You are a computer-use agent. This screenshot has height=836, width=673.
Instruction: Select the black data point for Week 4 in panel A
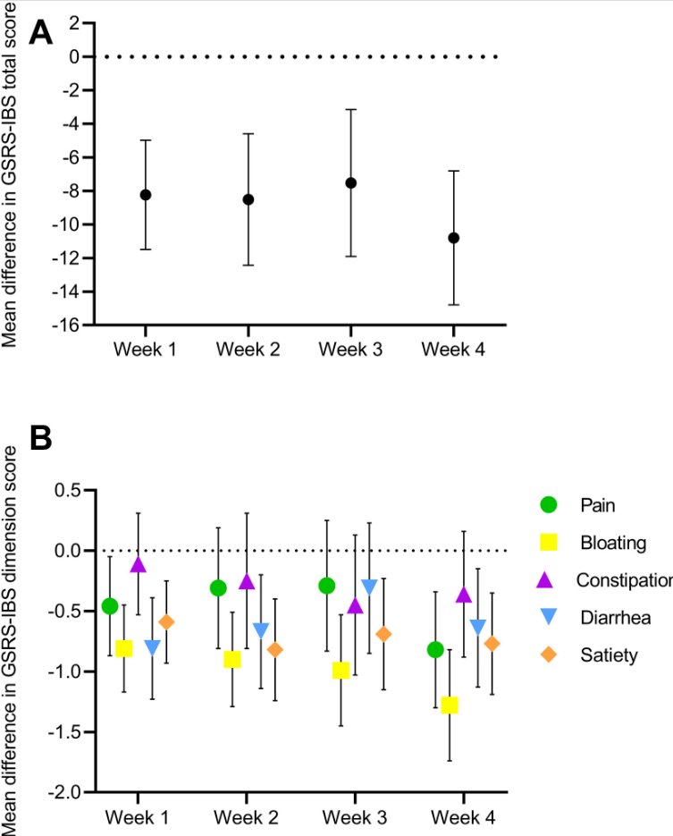[x=454, y=238]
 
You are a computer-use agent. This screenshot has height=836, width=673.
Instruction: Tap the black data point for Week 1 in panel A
[x=146, y=195]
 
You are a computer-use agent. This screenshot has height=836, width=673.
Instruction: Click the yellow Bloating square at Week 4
[x=449, y=705]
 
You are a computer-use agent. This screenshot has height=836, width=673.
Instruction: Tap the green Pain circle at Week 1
[x=110, y=606]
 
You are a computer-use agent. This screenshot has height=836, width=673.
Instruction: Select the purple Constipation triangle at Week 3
[x=355, y=605]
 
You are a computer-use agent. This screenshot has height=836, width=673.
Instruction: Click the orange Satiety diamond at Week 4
[x=491, y=644]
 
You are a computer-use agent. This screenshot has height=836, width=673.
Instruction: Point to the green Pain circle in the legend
[x=549, y=504]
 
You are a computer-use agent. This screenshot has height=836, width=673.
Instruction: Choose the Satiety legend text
[x=609, y=655]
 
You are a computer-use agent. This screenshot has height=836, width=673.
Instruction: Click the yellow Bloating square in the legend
[x=549, y=542]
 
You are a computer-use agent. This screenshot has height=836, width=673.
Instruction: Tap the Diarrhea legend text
[x=614, y=617]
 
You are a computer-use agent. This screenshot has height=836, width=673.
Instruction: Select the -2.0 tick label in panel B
[x=66, y=792]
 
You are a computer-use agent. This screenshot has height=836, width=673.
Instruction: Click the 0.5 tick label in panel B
[x=70, y=490]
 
